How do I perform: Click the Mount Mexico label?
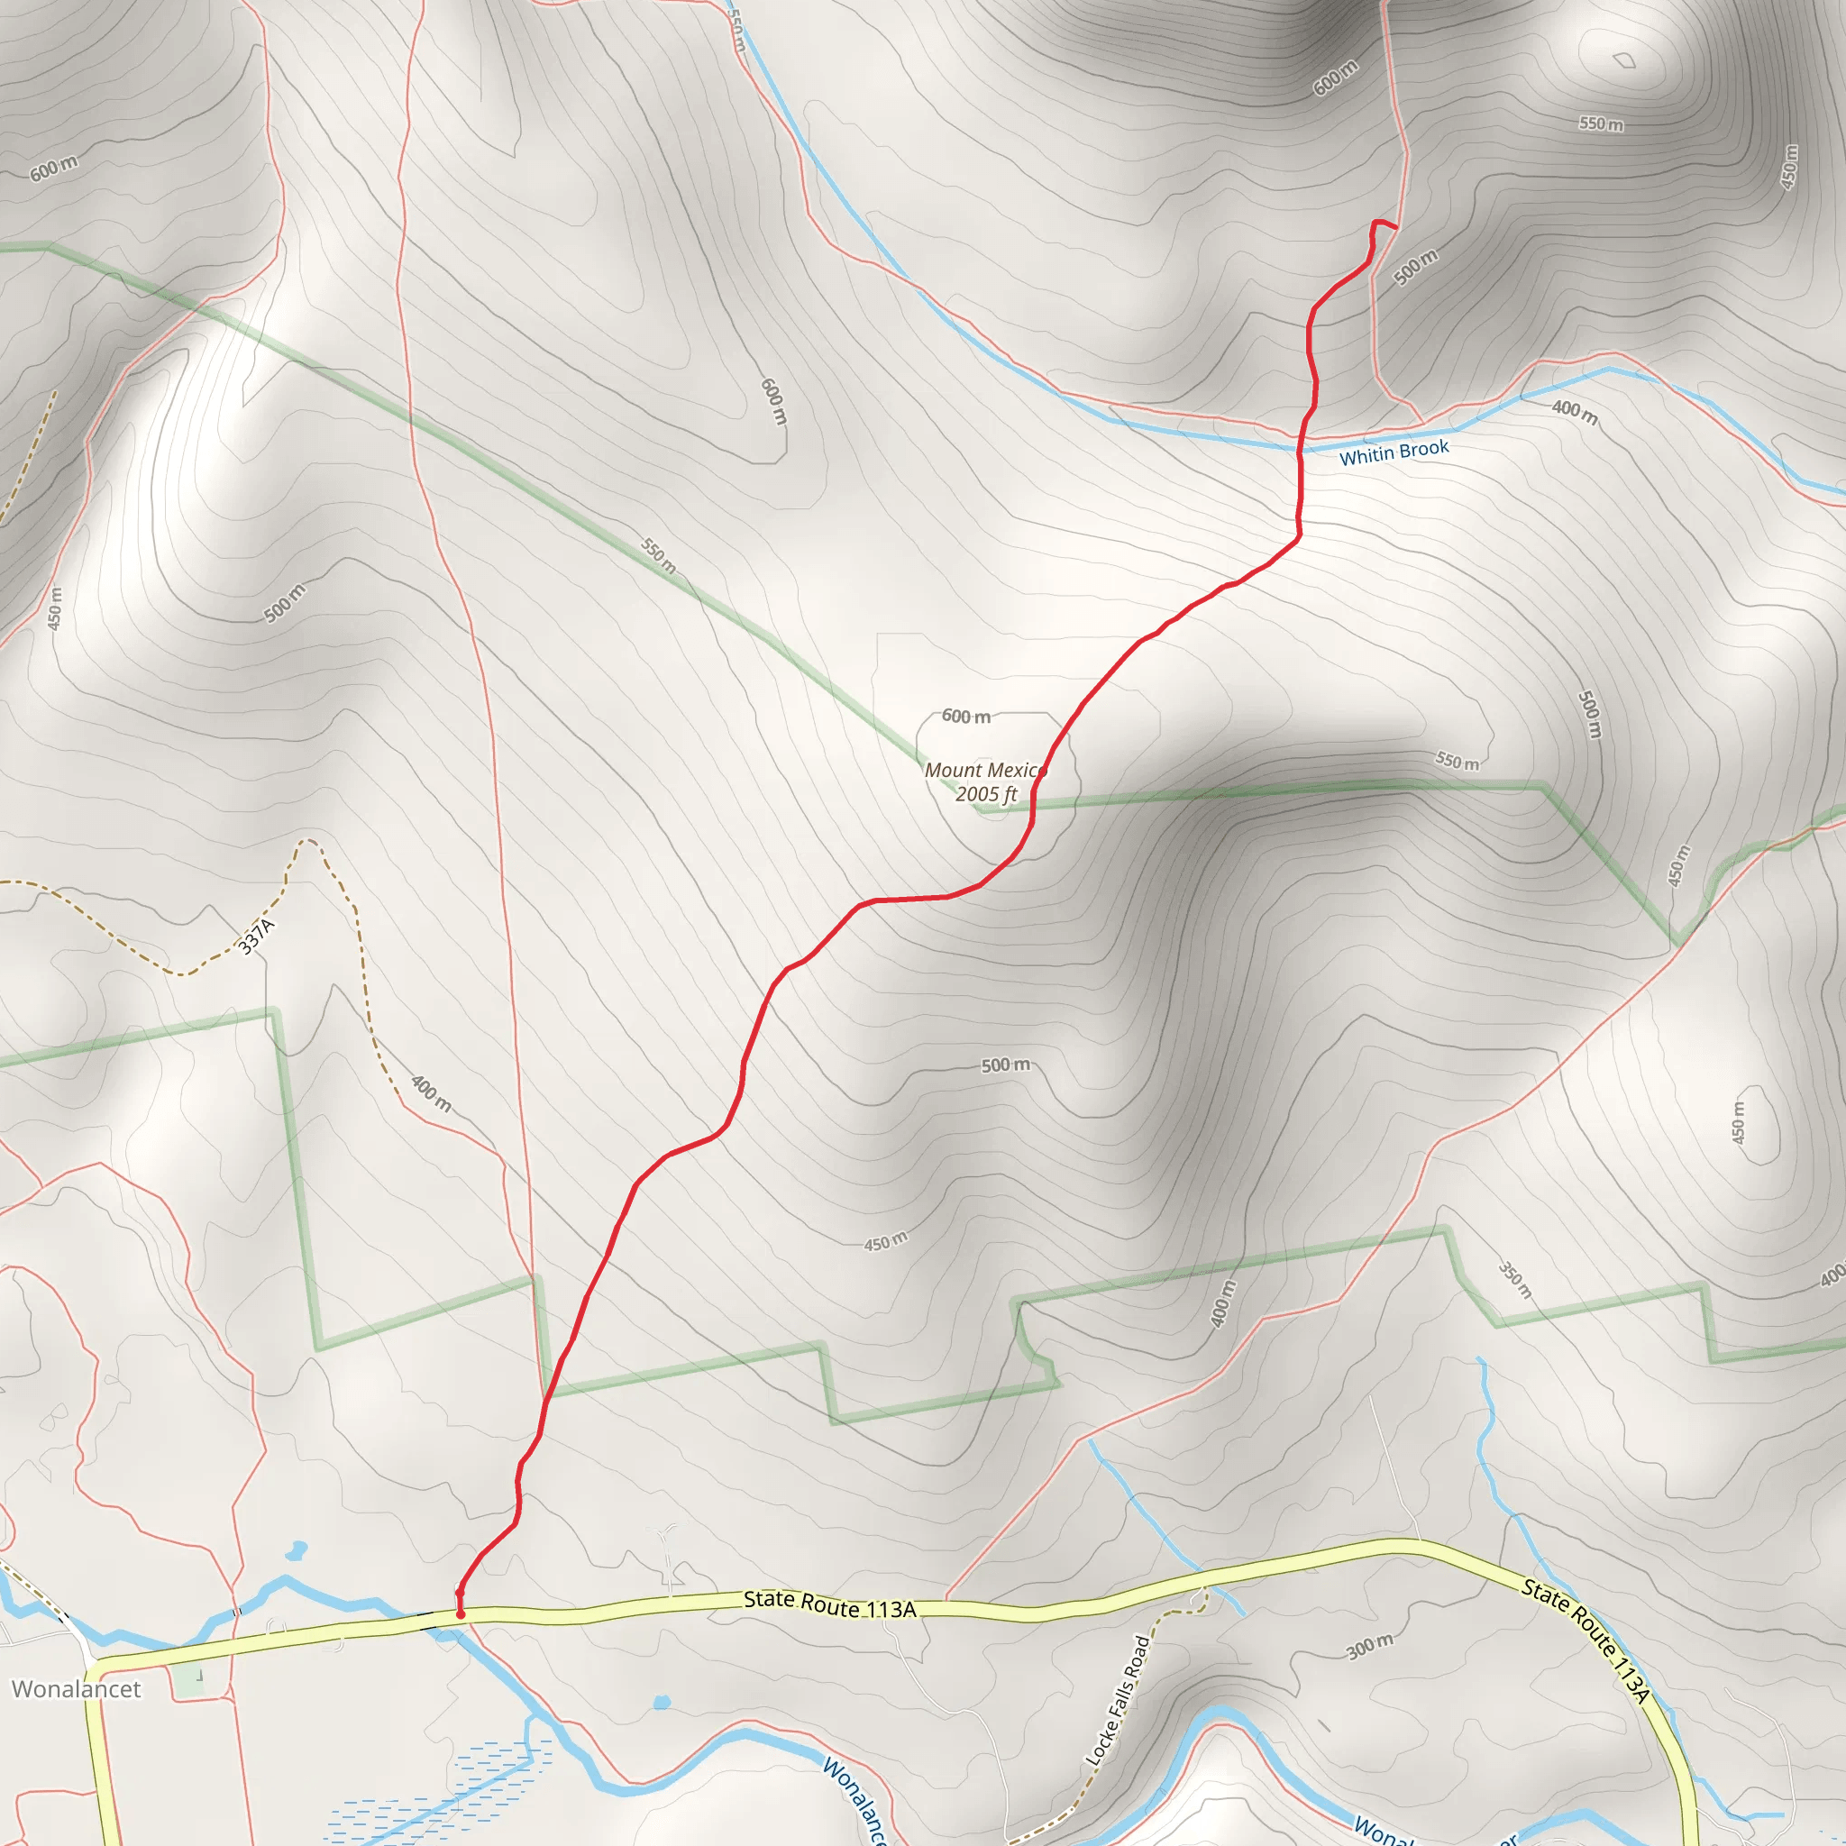click(984, 770)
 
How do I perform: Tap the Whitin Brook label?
click(1394, 452)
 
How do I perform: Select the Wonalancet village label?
click(77, 1688)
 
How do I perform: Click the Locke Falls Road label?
click(1117, 1700)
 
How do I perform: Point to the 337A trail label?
click(256, 937)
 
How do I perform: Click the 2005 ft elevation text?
click(986, 794)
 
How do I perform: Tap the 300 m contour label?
click(1369, 1645)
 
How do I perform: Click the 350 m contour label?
click(1514, 1280)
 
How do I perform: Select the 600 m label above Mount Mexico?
click(966, 716)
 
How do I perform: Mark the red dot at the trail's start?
click(461, 1614)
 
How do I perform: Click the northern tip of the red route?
click(1395, 227)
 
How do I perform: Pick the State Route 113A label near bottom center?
click(829, 1604)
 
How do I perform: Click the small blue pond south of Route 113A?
click(662, 1703)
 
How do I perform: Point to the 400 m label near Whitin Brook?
click(1574, 412)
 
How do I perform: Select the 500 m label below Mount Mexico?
click(1005, 1065)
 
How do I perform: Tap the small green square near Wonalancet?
click(189, 1682)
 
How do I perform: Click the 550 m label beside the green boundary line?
click(658, 555)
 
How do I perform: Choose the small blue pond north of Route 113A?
click(297, 1549)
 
